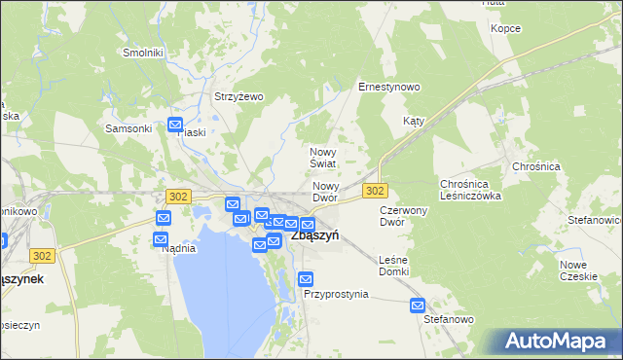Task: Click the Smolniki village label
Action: coord(143,53)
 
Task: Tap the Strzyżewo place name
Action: coord(239,96)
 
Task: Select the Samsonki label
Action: coord(128,128)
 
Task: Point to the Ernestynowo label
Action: coord(389,87)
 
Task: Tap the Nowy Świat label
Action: coord(323,158)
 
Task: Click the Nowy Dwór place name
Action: coord(325,192)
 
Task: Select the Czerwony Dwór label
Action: coord(404,215)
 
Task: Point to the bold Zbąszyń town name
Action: coord(314,236)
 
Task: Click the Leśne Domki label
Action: coord(393,265)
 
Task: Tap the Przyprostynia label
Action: coord(336,293)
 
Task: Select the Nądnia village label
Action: coord(179,248)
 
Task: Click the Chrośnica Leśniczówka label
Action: coord(470,189)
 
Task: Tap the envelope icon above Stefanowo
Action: coord(418,305)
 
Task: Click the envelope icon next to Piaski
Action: coord(175,125)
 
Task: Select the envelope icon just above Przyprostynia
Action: coord(307,278)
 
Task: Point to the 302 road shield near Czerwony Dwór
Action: coord(376,191)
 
